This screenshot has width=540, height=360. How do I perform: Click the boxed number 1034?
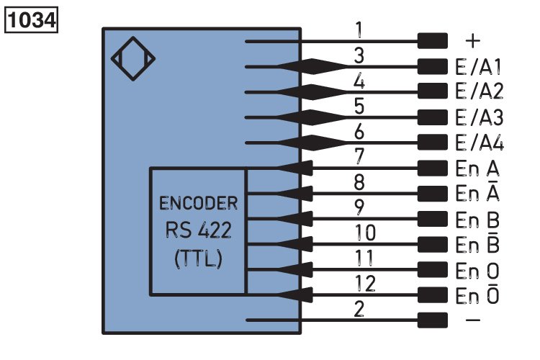pyautogui.click(x=32, y=19)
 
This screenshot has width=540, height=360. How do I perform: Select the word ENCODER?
pyautogui.click(x=198, y=202)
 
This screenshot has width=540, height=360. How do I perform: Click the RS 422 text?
pyautogui.click(x=198, y=230)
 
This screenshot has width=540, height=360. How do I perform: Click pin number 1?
pyautogui.click(x=360, y=30)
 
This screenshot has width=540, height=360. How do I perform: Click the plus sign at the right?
pyautogui.click(x=474, y=40)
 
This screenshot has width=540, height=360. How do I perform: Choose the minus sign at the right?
pyautogui.click(x=474, y=320)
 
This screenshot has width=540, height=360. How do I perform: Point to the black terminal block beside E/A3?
pyautogui.click(x=432, y=117)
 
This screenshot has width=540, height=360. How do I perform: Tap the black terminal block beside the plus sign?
pyautogui.click(x=432, y=41)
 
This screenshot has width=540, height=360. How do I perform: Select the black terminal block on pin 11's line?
pyautogui.click(x=432, y=269)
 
